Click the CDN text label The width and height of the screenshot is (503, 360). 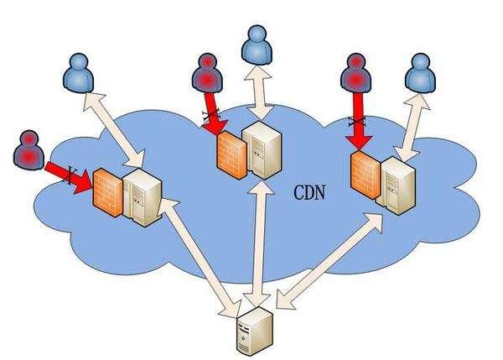309,193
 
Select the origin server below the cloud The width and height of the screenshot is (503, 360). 255,331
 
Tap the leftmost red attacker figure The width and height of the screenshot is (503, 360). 29,149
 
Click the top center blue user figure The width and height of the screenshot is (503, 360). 257,45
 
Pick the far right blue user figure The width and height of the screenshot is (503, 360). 421,73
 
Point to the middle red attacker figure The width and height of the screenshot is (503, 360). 208,73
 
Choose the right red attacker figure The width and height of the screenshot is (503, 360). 355,73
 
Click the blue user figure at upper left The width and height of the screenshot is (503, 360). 79,73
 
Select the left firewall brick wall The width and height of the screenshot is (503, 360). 108,192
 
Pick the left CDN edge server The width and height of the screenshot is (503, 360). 143,197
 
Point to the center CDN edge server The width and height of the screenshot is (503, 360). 262,150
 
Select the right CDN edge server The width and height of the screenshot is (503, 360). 397,185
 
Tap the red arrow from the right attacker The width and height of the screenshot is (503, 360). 358,122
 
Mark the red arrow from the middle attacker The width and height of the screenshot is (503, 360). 215,113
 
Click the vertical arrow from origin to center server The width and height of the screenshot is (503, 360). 260,243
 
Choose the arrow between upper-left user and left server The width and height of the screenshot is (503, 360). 114,130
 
